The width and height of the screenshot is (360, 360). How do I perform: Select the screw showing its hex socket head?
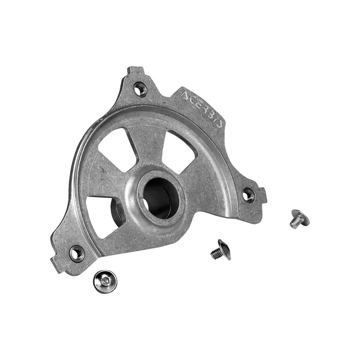pos(105,282)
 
